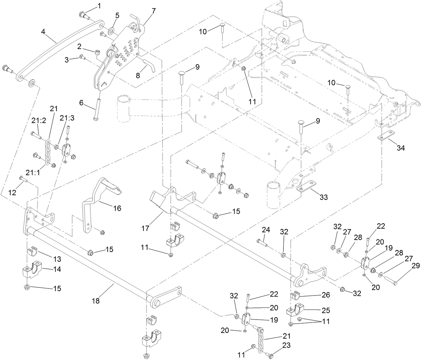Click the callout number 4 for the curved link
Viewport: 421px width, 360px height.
[43, 32]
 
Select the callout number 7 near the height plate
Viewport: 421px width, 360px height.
[153, 11]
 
